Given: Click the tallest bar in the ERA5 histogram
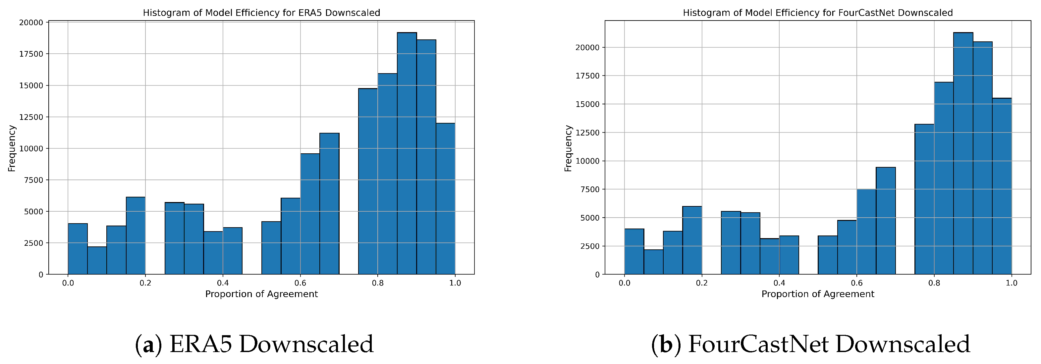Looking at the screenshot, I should coord(407,154).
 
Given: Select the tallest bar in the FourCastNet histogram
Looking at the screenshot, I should coord(963,154).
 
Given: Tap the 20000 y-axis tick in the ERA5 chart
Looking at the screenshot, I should coord(31,23).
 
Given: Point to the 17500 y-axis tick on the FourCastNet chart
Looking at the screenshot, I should coord(587,76).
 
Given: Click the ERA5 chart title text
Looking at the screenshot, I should coord(261,13).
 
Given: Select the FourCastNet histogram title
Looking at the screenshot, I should coord(817,13).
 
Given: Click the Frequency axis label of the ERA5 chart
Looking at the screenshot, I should coord(12,148).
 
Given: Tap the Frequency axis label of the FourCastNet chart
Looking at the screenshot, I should coord(568,148).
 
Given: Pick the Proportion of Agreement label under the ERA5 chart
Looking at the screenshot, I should coord(261,294).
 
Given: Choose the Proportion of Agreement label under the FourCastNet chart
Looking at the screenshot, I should coord(817,294).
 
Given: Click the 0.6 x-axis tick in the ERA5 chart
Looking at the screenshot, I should coord(300,283).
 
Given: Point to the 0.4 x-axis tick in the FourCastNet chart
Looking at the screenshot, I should coord(779,283).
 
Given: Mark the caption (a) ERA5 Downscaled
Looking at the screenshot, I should coord(254,344).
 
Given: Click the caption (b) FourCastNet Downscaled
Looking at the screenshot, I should coord(810,344).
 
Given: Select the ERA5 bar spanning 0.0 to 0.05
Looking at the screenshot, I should coord(78,249).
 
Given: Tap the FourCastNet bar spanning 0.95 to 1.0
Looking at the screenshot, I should coord(1002,186).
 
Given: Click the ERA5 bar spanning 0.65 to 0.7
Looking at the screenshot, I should coord(329,204).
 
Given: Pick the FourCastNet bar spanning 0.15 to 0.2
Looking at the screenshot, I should coord(692,240).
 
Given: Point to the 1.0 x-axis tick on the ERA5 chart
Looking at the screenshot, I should coord(455,283).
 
